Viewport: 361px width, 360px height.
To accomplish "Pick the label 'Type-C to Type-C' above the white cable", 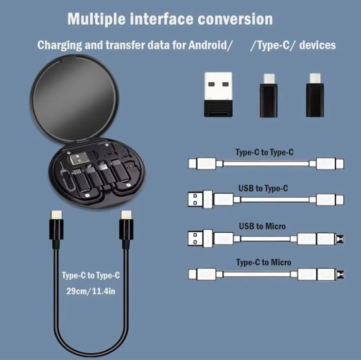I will click(x=264, y=152).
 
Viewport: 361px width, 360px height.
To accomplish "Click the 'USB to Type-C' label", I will click(x=263, y=188).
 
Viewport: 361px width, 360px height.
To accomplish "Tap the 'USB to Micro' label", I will click(x=262, y=226).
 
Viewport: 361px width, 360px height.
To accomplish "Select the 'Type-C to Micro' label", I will click(x=264, y=263).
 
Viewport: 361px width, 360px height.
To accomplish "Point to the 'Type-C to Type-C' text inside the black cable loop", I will click(x=91, y=275).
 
